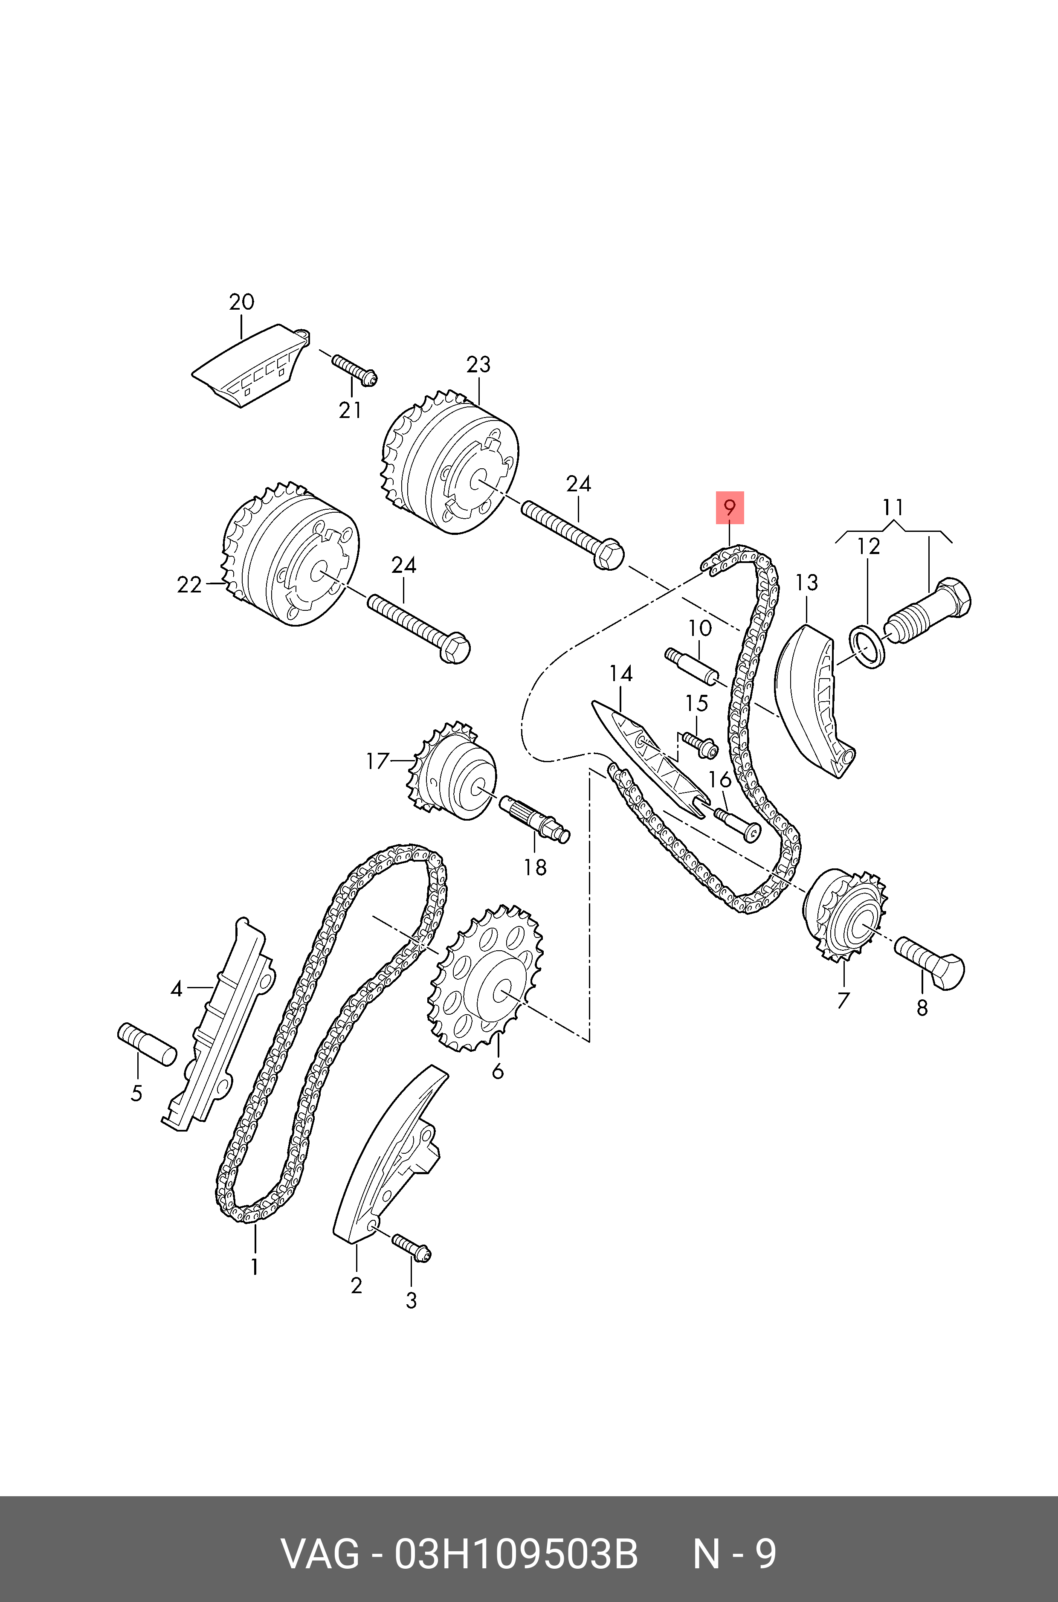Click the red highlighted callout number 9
pos(729,507)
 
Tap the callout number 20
pos(241,302)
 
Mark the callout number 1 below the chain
pos(255,1267)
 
